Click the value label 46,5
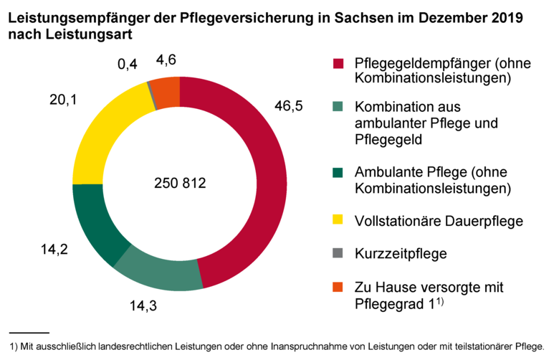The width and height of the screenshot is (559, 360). [289, 106]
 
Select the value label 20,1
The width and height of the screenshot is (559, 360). [63, 99]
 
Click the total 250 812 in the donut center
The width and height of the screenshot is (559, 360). [180, 184]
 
